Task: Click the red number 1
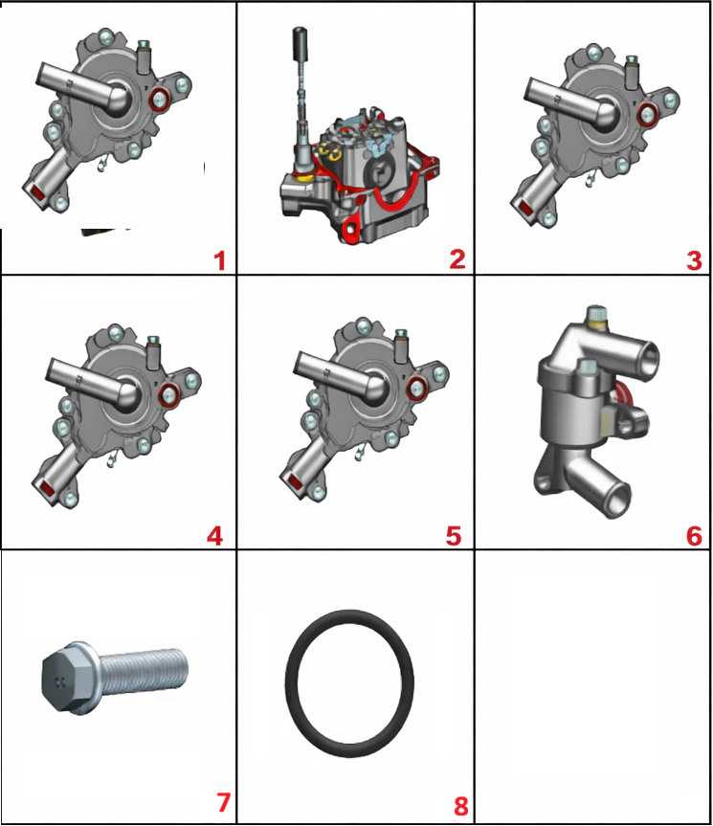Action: pos(220,261)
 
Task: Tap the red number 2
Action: pos(457,259)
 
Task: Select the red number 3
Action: pos(695,260)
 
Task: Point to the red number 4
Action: pos(214,536)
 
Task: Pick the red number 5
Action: pos(454,536)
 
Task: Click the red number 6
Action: pos(695,536)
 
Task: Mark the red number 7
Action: pos(223,802)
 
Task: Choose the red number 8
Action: pos(460,806)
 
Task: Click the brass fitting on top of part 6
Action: pos(596,316)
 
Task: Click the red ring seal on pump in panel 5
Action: pos(417,389)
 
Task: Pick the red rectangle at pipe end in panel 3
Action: pos(526,209)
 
